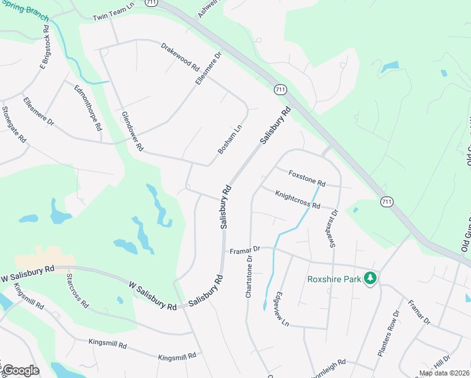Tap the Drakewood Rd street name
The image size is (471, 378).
coord(179,56)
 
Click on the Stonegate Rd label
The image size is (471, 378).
coord(14,123)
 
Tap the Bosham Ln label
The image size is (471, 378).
coord(230,139)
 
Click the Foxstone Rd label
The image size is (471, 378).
coord(307,178)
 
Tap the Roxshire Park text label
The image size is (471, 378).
coord(332,279)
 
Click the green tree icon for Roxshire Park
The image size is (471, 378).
coord(371,278)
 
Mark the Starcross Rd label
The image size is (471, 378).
coord(77,290)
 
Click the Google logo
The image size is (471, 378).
coord(21,370)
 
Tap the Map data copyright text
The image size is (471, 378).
coord(444,373)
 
